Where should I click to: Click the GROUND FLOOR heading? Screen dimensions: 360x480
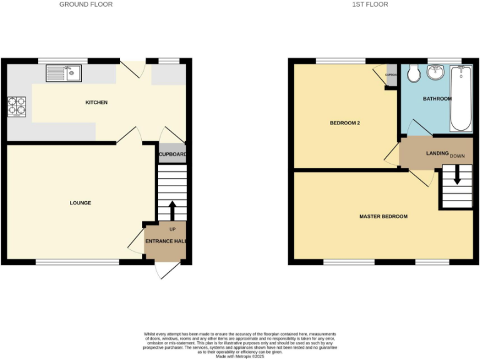86,4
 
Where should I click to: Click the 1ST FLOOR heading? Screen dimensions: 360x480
369,4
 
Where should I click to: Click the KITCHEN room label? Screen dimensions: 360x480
96,102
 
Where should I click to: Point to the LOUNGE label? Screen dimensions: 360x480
81,203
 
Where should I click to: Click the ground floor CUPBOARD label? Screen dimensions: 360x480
172,154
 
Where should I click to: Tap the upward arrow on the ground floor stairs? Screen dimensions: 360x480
172,209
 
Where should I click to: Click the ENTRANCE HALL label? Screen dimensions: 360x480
166,241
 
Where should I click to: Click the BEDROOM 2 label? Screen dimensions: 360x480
345,123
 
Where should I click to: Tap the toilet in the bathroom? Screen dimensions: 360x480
412,75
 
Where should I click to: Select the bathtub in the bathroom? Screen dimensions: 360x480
461,98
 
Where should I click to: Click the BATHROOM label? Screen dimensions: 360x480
437,99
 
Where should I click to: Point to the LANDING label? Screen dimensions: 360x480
436,153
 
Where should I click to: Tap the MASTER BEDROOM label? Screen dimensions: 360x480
383,217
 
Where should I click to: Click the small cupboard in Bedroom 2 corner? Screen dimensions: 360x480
391,75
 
